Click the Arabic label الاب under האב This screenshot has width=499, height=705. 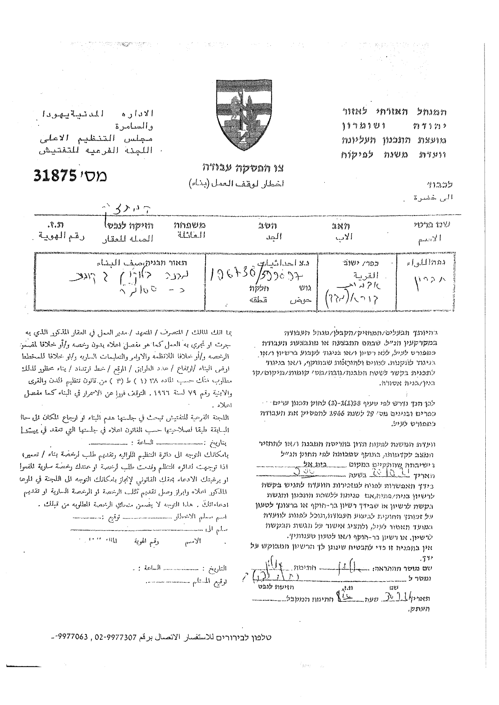coord(344,238)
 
